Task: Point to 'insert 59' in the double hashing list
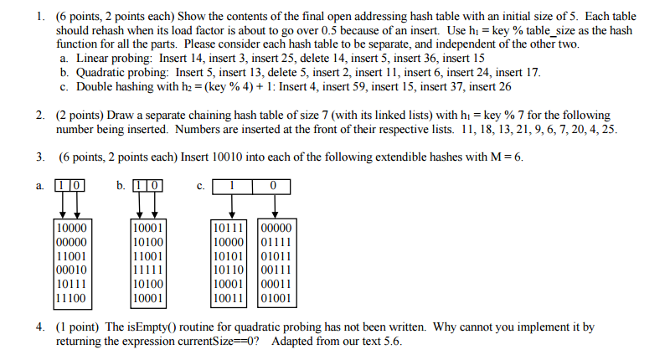coord(358,85)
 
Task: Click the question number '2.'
coord(40,115)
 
